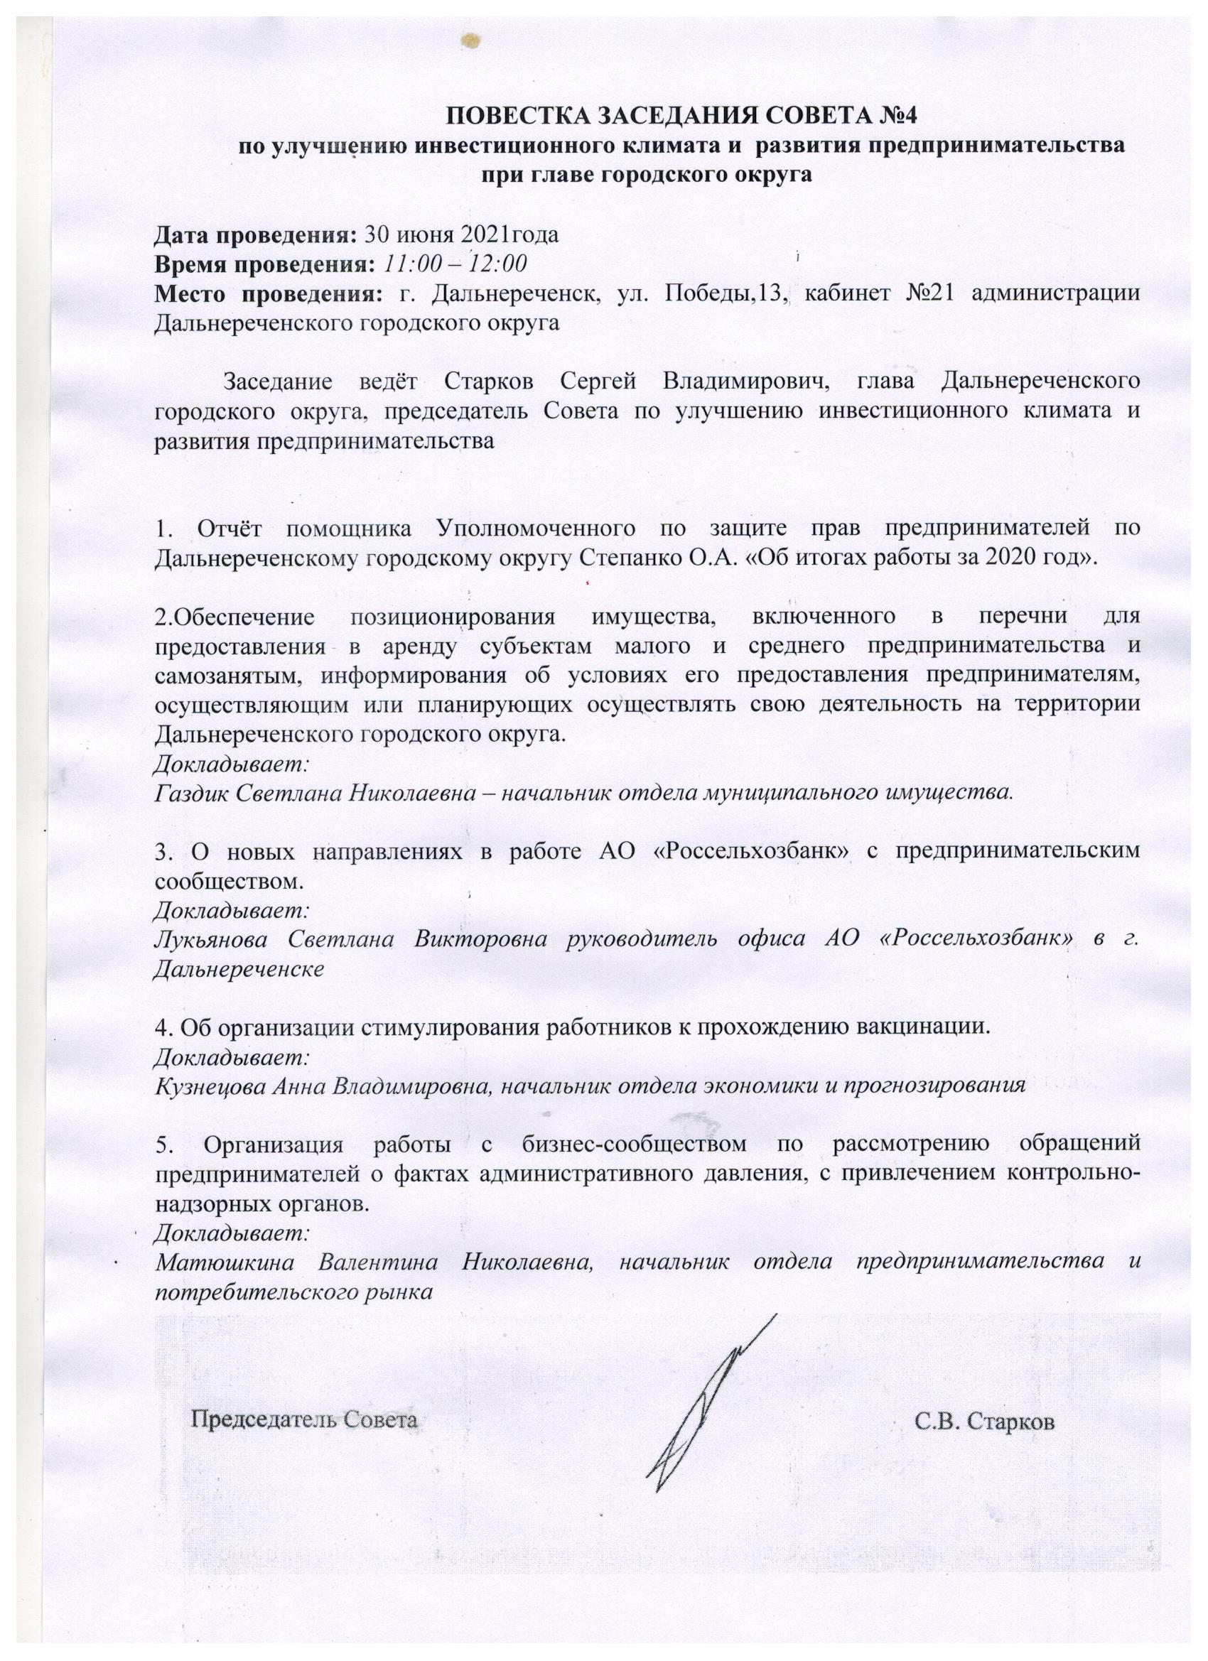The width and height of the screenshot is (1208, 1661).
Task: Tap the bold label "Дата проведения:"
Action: (x=255, y=235)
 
